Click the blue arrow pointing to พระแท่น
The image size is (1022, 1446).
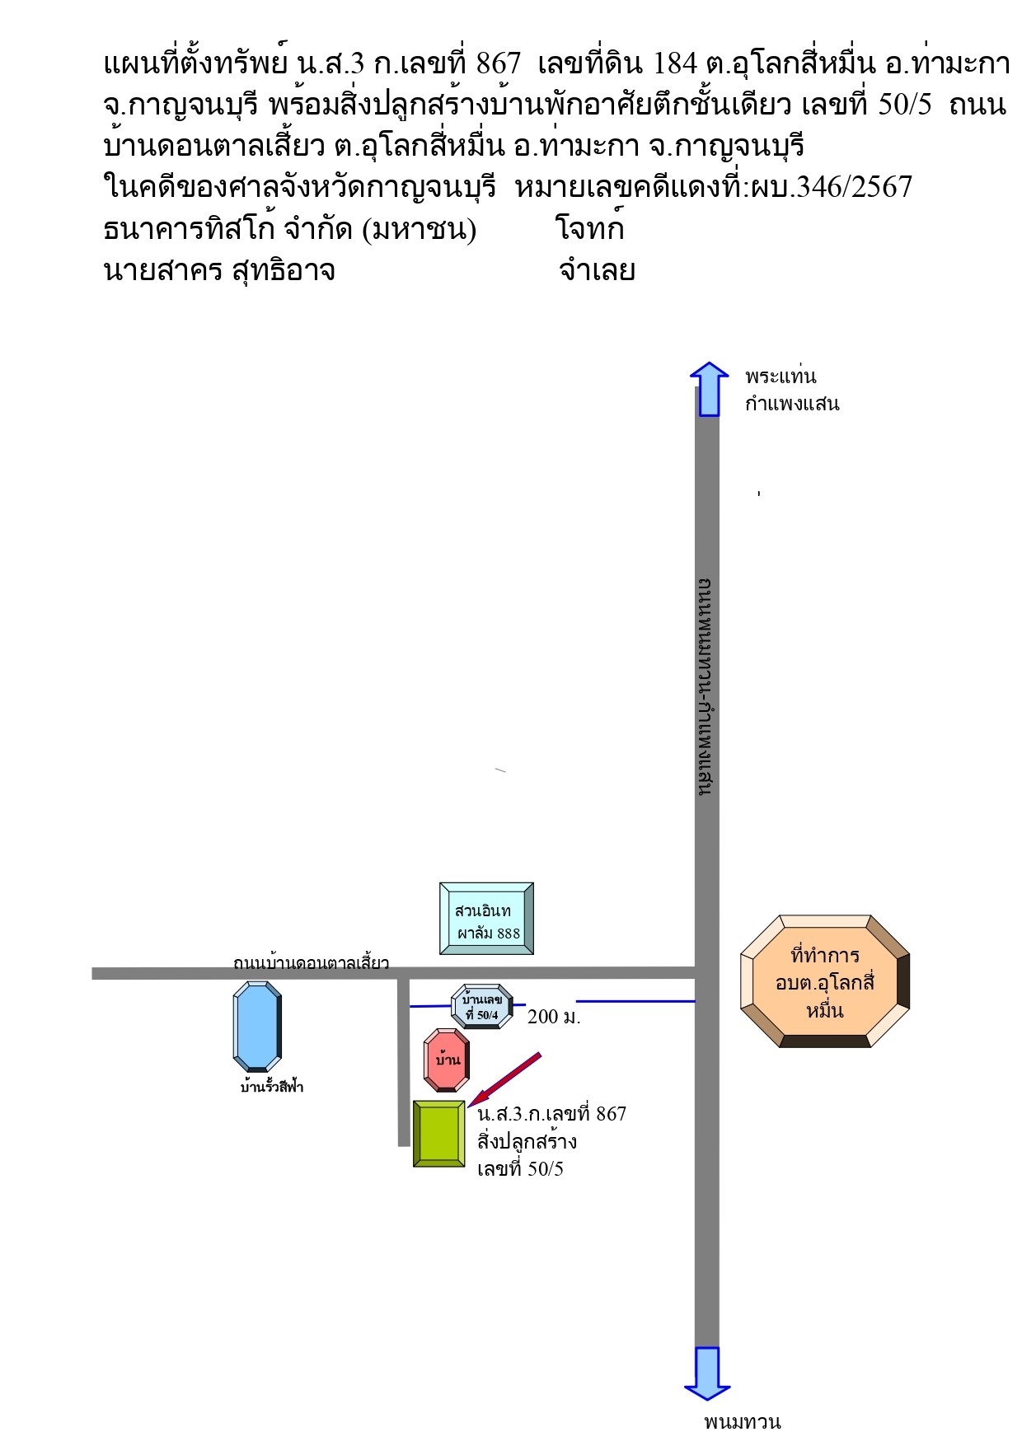coord(709,389)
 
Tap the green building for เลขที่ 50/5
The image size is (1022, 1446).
coord(439,1134)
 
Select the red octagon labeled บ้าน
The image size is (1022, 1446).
coord(447,1060)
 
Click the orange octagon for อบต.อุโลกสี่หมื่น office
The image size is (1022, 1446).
coord(825,980)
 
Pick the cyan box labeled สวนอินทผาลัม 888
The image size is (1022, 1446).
coord(486,919)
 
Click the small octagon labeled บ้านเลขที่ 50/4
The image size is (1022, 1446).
coord(482,1006)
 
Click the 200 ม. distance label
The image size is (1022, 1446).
coord(554,1017)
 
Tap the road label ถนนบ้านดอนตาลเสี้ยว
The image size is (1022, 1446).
coord(311,962)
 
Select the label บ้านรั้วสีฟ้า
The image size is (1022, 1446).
coord(272,1087)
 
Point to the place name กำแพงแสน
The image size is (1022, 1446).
coord(792,404)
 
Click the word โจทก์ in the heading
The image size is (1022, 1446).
coord(590,228)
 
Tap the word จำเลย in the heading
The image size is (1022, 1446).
coord(597,270)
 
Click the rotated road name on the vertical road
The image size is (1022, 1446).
coord(706,686)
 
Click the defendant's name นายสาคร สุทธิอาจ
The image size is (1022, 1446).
coord(219,270)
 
